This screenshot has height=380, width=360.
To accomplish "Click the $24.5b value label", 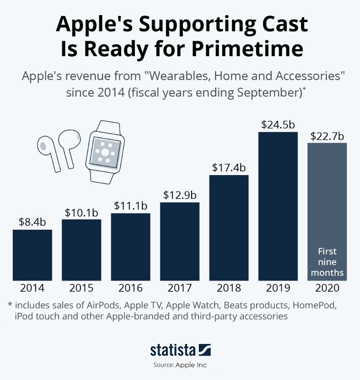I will [278, 125].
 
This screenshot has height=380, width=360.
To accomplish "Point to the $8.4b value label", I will [32, 222].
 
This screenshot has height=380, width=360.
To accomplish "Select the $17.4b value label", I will [229, 168].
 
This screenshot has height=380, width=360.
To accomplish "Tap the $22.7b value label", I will [327, 136].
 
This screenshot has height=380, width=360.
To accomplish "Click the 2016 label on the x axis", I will [131, 288].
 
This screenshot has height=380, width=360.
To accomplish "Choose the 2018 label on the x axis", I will [229, 288].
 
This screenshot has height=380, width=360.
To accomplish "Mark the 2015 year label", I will [81, 288].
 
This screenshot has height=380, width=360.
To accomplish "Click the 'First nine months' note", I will [327, 262].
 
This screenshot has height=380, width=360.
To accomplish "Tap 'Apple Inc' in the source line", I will [191, 365].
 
